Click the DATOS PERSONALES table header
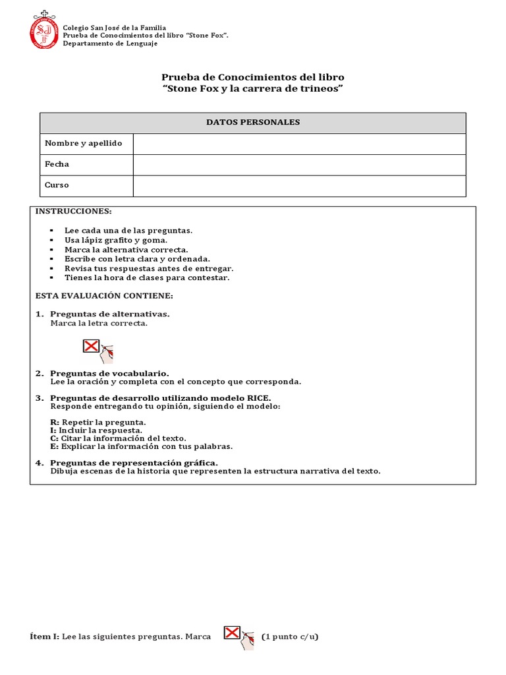(x=253, y=123)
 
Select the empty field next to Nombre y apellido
(x=299, y=144)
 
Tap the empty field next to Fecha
(x=299, y=165)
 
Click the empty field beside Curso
(x=299, y=186)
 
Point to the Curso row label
(x=57, y=185)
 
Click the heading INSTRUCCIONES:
(x=73, y=211)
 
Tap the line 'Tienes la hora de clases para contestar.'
(x=146, y=278)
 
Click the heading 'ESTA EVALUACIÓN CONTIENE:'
(x=104, y=296)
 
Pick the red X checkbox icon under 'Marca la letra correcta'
(x=91, y=346)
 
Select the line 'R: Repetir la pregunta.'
(x=98, y=422)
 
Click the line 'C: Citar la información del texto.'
(x=118, y=438)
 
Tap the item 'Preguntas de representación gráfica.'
(x=134, y=463)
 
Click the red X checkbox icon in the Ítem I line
(x=233, y=633)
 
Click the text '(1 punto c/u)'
(x=289, y=637)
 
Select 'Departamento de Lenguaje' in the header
(x=110, y=43)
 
